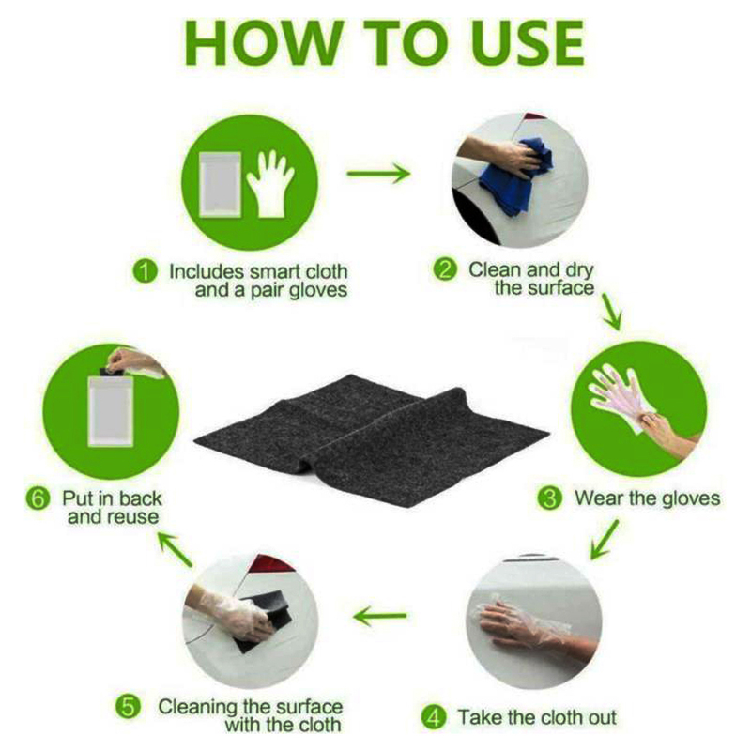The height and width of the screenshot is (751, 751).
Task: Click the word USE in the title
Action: pos(513,42)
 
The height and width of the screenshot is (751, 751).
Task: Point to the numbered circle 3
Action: pos(550,498)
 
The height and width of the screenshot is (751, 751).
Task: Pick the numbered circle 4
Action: pos(434,718)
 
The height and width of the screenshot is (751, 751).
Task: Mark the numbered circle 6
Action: pos(38,498)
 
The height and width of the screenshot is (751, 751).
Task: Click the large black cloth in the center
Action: pos(375,432)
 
